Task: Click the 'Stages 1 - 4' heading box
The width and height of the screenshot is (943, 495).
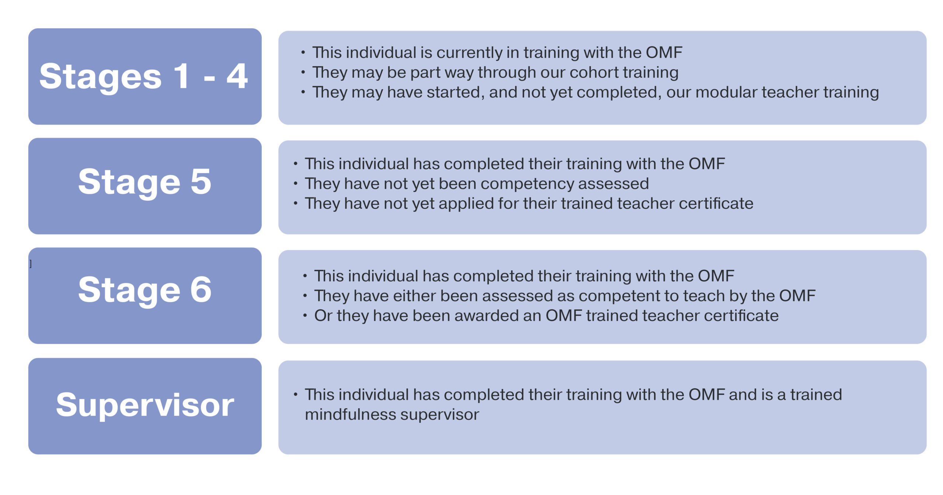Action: pos(145,77)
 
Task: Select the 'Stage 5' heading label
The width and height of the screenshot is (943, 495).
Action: pos(145,182)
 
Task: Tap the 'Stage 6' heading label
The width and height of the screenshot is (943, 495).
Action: pos(145,290)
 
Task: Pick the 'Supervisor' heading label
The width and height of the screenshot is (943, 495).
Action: pos(145,405)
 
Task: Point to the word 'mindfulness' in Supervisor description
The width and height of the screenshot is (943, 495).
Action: pos(350,415)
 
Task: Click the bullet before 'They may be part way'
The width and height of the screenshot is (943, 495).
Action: pos(303,72)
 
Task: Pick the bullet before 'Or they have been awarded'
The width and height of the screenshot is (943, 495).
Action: pos(305,316)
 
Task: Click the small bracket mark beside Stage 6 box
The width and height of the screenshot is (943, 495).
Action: pos(31,264)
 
